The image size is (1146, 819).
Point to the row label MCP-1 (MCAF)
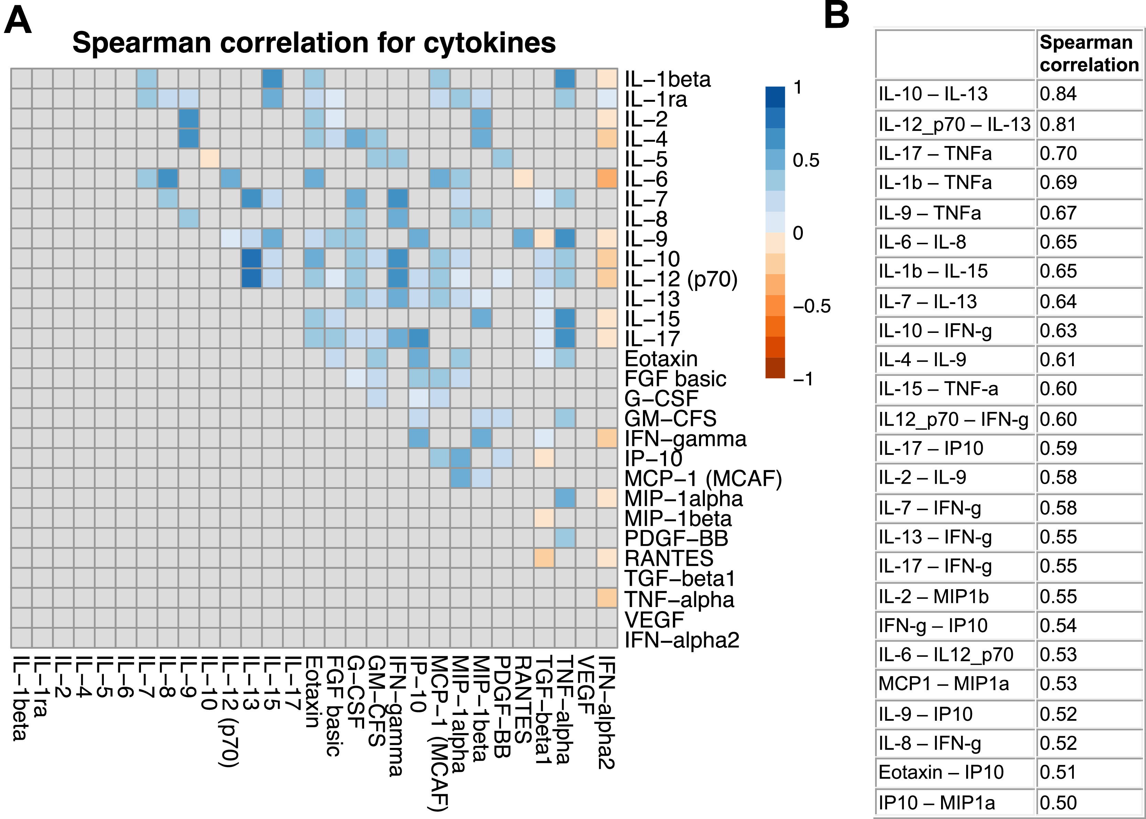coord(703,479)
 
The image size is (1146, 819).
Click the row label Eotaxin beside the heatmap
coord(661,359)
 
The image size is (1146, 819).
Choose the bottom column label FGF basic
coord(333,706)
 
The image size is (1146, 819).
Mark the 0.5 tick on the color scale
coord(806,160)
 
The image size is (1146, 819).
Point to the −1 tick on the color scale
coord(803,379)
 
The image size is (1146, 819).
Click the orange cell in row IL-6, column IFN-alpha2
coord(607,179)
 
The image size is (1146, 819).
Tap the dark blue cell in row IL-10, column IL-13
coord(251,259)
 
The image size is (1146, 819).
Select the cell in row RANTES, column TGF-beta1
coord(544,558)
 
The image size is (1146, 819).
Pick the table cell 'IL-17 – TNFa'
coord(935,153)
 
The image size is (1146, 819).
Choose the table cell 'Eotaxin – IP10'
coord(941,772)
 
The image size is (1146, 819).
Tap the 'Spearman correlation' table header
coord(1089,54)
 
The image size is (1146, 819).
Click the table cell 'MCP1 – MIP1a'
coord(943,683)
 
